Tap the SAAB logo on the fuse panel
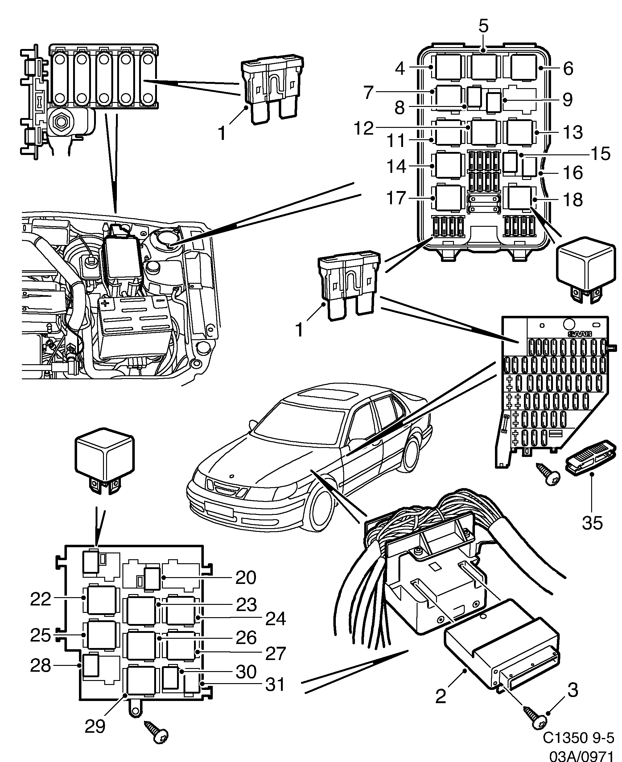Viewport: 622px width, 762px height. click(x=579, y=334)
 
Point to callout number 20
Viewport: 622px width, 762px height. click(x=246, y=577)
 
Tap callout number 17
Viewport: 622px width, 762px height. click(x=396, y=198)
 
